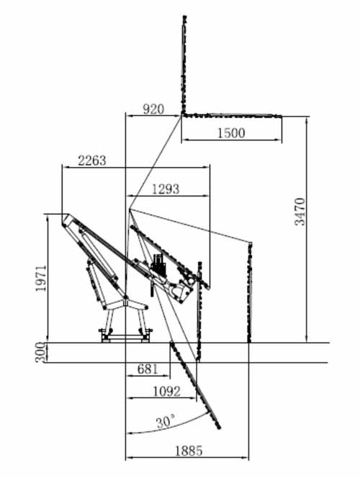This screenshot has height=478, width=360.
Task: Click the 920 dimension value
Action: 153,109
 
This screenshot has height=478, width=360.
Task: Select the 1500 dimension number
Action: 231,132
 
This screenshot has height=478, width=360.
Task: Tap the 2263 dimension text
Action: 92,161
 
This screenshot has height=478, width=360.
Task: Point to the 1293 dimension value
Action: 166,189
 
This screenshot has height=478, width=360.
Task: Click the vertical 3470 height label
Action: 300,212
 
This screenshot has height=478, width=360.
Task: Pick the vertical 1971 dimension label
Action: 41,278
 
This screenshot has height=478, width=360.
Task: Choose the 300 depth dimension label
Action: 40,353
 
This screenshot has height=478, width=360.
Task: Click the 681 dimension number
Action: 148,369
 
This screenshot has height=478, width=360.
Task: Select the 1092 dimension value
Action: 166,391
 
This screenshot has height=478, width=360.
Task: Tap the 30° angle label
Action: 166,422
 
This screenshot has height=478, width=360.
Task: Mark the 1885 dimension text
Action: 189,451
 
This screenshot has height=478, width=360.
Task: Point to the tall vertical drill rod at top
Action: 184,65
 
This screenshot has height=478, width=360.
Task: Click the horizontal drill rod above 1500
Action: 232,115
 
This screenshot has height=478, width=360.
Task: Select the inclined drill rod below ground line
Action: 195,385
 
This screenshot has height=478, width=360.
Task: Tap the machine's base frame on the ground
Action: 125,337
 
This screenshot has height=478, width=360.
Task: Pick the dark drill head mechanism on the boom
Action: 158,265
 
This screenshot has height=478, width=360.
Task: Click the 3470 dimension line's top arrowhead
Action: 307,120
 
